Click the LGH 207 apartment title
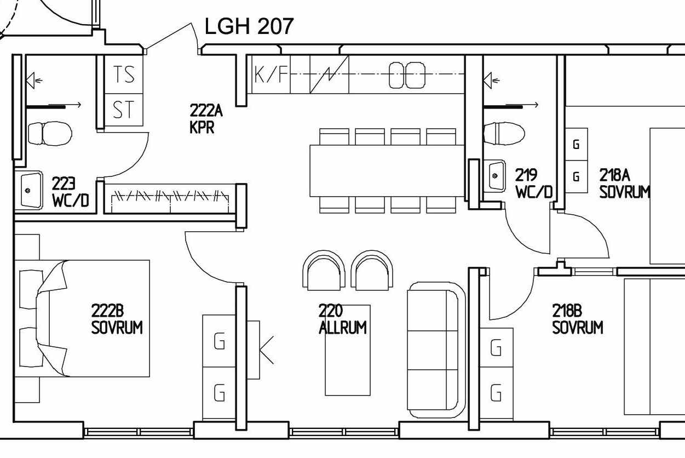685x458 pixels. pos(249,26)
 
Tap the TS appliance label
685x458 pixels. pos(124,74)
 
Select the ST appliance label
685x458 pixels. pos(123,110)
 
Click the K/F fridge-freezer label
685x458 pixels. pos(271,75)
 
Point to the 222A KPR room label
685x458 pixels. pos(206,119)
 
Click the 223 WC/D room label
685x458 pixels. pos(70,192)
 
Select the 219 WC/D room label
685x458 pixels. pos(534,184)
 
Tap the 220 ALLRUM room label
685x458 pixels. pos(343,319)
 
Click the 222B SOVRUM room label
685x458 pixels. pos(117,319)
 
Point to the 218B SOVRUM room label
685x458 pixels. pos(578,319)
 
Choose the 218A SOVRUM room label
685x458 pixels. pos(624,184)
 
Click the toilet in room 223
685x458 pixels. pos(50,133)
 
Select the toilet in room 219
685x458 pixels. pos(504,133)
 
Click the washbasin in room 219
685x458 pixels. pos(494,176)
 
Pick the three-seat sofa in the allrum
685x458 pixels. pos(436,350)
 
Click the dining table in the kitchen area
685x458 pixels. pos(388,171)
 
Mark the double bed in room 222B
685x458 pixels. pos(82,318)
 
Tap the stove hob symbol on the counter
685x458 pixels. pos(407,75)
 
